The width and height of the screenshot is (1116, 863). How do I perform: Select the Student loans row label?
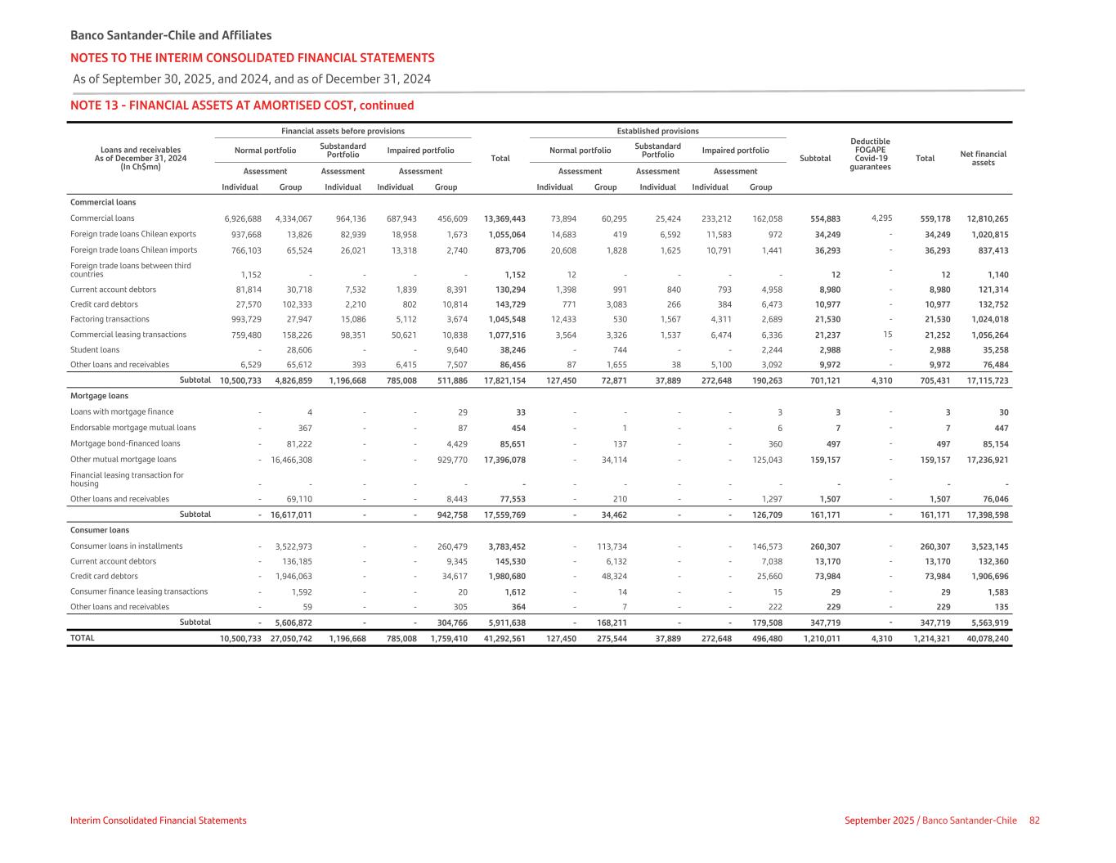point(95,350)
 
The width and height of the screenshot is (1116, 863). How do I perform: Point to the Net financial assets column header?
point(988,158)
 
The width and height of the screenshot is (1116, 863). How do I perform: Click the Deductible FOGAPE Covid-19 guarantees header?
point(871,154)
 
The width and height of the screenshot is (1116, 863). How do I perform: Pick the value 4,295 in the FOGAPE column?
point(881,218)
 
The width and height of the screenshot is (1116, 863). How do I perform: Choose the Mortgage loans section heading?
point(99,396)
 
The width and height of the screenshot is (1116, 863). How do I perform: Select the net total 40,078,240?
point(987,638)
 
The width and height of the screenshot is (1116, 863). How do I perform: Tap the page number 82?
point(1034,820)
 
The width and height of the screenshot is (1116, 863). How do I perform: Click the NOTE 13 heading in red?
point(242,106)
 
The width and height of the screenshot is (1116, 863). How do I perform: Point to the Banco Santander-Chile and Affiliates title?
point(171,36)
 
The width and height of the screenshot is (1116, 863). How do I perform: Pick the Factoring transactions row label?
point(110,319)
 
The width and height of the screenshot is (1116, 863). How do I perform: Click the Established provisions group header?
point(657,131)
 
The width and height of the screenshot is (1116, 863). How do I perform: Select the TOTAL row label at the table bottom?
point(83,638)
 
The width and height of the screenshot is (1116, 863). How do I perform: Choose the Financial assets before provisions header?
point(343,131)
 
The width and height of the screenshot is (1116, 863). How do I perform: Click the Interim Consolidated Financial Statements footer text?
point(158,820)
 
